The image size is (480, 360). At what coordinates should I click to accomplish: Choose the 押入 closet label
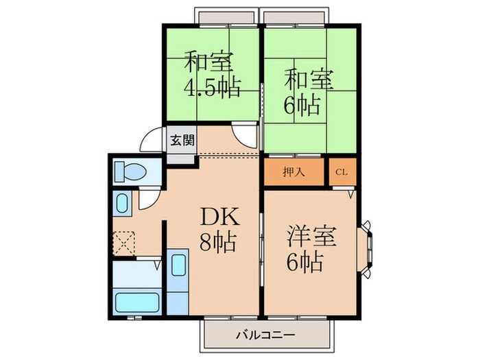pyautogui.click(x=294, y=171)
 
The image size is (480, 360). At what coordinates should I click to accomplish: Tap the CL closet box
pyautogui.click(x=341, y=171)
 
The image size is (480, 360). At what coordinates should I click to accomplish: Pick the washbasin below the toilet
pyautogui.click(x=122, y=203)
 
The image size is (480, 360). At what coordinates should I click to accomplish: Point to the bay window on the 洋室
pyautogui.click(x=368, y=247)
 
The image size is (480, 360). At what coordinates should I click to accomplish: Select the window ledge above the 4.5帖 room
pyautogui.click(x=226, y=15)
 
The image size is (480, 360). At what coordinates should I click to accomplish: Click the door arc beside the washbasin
pyautogui.click(x=147, y=200)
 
